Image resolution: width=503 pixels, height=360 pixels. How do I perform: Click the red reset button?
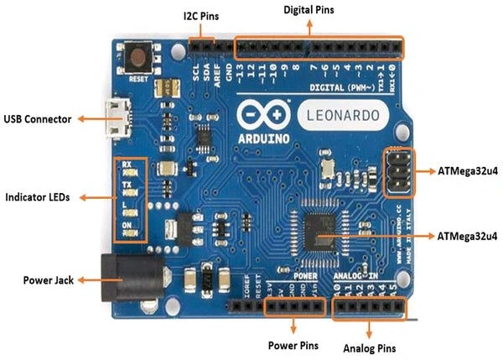[x=139, y=58]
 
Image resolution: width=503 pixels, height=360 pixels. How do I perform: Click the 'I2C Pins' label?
[x=200, y=17]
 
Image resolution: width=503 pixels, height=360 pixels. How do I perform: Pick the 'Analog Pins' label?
[x=370, y=347]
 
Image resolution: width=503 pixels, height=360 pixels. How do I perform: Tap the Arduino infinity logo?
[x=257, y=115]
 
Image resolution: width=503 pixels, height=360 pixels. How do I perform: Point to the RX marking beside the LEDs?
[x=127, y=165]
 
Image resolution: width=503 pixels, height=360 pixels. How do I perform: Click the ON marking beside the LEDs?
[x=127, y=226]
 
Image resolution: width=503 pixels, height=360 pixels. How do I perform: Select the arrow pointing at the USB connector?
[x=88, y=119]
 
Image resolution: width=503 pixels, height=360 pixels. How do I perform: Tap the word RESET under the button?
[x=139, y=80]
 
